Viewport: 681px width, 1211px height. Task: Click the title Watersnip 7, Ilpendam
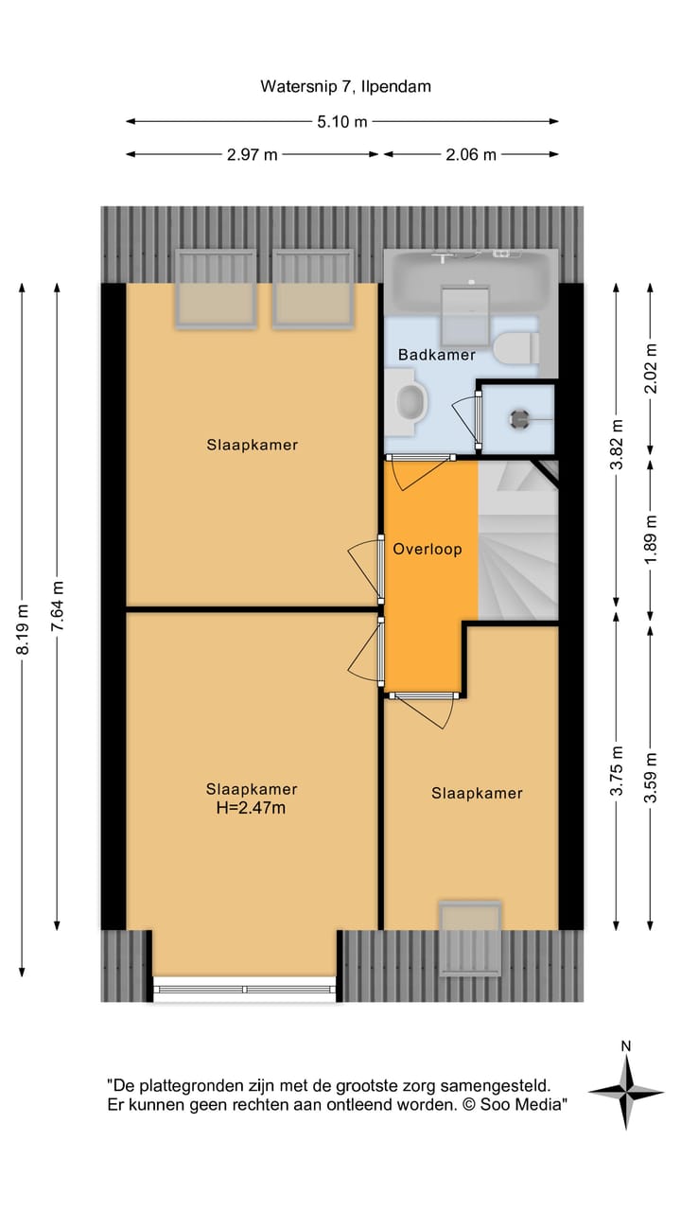click(x=345, y=87)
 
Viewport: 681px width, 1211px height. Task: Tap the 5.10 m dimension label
click(x=342, y=121)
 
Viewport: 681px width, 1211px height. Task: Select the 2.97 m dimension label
click(x=252, y=155)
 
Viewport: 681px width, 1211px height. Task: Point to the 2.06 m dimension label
click(x=470, y=155)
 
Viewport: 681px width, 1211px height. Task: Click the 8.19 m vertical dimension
click(x=23, y=628)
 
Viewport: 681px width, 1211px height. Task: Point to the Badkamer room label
click(x=436, y=355)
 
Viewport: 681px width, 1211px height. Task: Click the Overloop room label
click(x=428, y=549)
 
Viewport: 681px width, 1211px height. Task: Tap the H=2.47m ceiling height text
click(x=252, y=808)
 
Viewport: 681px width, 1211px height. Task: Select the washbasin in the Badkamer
click(x=410, y=402)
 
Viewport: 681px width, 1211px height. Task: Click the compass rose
click(x=625, y=1091)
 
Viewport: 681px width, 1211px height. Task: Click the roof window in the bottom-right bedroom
click(x=470, y=939)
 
